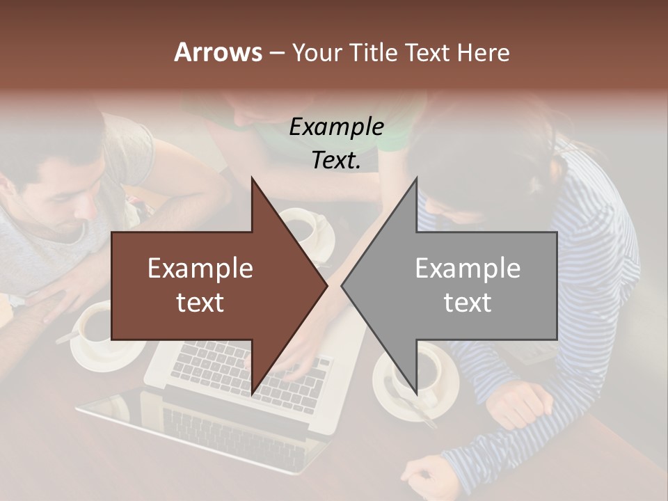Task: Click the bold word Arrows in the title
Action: (218, 52)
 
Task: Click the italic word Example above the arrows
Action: (336, 127)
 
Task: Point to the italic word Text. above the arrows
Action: (336, 160)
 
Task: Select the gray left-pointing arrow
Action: (459, 286)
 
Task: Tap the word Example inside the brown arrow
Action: (200, 268)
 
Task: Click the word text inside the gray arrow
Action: (468, 302)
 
